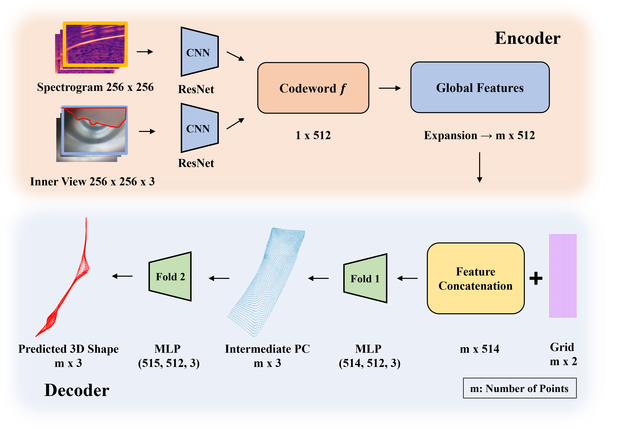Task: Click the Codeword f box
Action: [313, 88]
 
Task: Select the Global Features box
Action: [480, 87]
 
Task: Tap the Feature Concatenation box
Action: [476, 278]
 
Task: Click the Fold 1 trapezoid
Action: [365, 278]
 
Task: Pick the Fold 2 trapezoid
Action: [170, 276]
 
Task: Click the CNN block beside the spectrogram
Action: [199, 52]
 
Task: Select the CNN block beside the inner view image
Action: [199, 128]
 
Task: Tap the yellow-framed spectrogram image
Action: [95, 44]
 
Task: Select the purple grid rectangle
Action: [562, 276]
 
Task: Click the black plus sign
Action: [536, 278]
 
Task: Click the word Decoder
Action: [77, 390]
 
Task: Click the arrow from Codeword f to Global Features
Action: [390, 88]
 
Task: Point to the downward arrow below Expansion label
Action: [480, 167]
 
